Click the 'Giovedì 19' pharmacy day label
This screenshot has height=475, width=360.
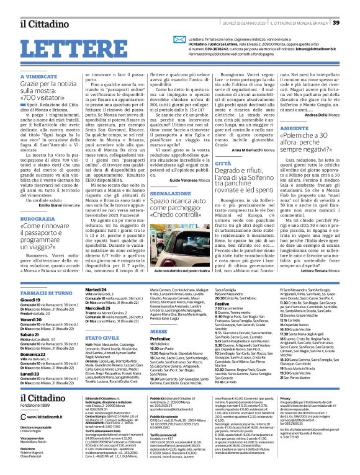(30, 299)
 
